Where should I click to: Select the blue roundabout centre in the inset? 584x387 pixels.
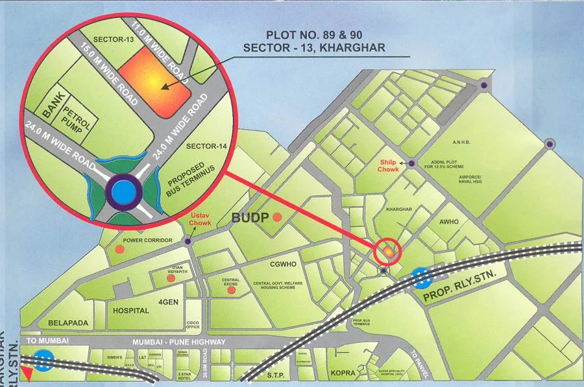coord(122,191)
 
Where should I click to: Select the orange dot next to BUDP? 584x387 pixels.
coord(278,217)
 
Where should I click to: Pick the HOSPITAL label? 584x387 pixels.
coord(131,311)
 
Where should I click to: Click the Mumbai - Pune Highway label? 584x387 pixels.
coord(179,342)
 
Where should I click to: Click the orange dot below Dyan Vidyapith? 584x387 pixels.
coord(170,277)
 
